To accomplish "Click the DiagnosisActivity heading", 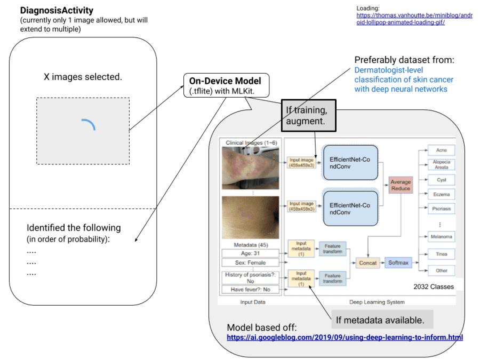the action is [57, 11].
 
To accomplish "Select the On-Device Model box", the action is [226, 85].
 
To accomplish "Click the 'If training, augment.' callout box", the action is [309, 115].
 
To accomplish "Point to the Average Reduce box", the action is [401, 185].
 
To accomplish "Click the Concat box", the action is [367, 262].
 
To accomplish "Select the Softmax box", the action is [398, 262].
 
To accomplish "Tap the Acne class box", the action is [441, 150].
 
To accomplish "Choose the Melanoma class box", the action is [441, 237].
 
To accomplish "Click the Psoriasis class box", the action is [441, 209].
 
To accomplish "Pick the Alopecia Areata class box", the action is [441, 164].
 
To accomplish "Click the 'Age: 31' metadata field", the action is [250, 253].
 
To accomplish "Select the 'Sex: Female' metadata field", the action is [250, 262].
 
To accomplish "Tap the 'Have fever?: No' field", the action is [250, 289].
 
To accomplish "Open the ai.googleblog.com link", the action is [345, 338].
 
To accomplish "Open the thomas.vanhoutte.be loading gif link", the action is [414, 19].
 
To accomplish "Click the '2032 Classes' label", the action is [434, 286].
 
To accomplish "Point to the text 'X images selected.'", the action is [83, 77].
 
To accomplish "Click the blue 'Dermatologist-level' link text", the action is [388, 70].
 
